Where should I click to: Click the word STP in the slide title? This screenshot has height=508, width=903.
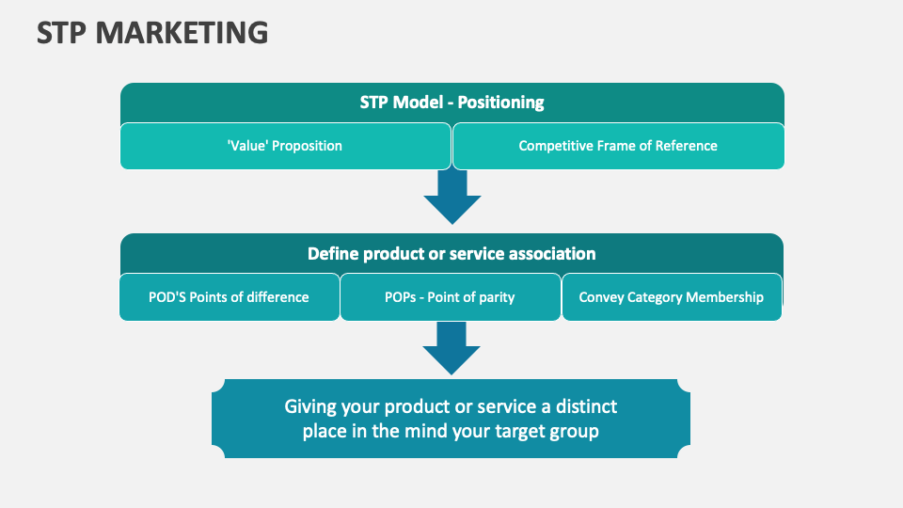tap(62, 33)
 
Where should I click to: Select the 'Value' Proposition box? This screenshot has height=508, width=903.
tap(285, 146)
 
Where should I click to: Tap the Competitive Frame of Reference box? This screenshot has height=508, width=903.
tap(618, 146)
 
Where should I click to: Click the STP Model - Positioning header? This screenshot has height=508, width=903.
tap(451, 103)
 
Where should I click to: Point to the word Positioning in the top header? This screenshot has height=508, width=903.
tap(500, 103)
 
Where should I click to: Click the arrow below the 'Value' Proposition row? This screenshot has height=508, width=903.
tap(451, 196)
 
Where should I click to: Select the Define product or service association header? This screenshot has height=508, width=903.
tap(451, 253)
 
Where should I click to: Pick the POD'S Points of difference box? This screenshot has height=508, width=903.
tap(229, 297)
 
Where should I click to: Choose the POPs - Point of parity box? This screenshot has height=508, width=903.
tap(450, 297)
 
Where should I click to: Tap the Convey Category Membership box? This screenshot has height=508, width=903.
tap(671, 297)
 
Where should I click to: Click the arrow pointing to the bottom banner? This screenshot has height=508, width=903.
tap(451, 346)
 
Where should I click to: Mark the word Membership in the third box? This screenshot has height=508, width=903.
tap(724, 297)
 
